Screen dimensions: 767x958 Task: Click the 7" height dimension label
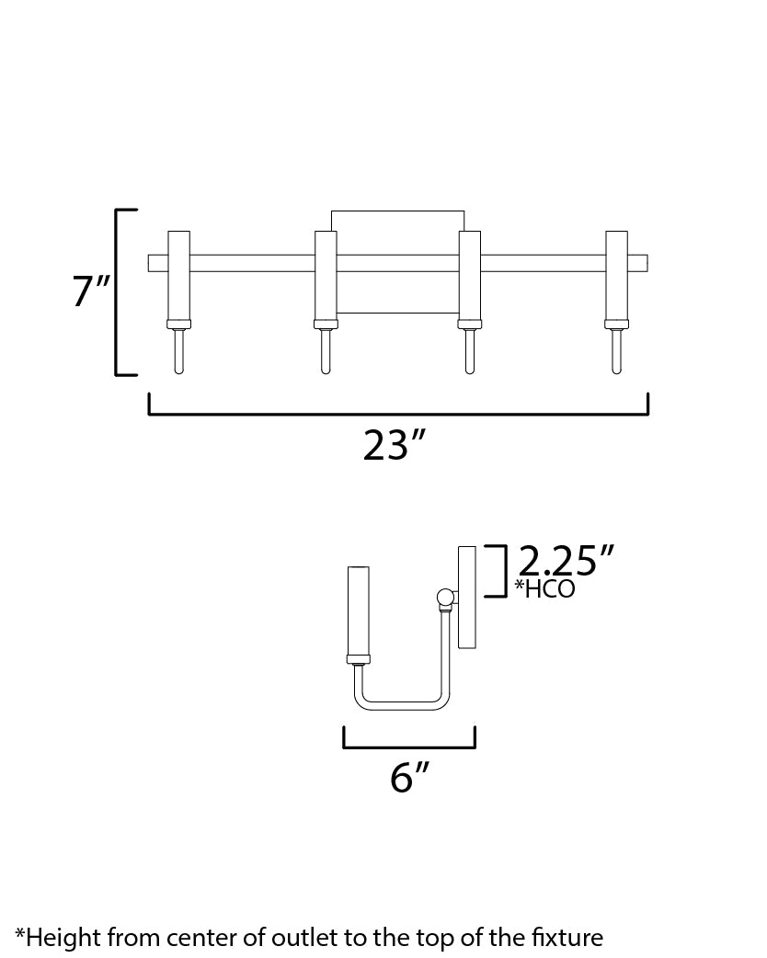click(x=91, y=291)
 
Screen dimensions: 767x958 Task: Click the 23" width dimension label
click(x=393, y=445)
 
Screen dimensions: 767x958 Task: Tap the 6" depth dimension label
click(x=409, y=777)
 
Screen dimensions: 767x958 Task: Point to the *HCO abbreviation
click(x=544, y=588)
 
